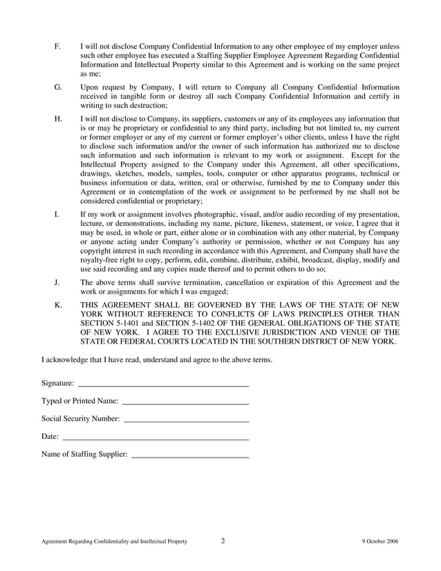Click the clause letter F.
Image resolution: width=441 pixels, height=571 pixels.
coord(57,46)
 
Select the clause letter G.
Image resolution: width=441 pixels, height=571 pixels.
coord(58,88)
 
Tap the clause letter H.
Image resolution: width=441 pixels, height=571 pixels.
coord(58,119)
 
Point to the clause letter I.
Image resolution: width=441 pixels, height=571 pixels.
coord(56,214)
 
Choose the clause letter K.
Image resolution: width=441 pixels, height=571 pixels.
coord(58,305)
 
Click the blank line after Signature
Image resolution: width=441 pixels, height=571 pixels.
coord(163,384)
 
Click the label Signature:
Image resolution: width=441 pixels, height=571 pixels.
coord(58,383)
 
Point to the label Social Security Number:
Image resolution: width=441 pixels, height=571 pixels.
coord(80,419)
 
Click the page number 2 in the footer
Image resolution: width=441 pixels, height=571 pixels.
coord(223,541)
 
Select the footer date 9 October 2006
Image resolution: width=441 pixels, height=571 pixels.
coord(379,541)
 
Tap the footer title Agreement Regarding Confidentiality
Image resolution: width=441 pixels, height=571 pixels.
coord(113,541)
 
